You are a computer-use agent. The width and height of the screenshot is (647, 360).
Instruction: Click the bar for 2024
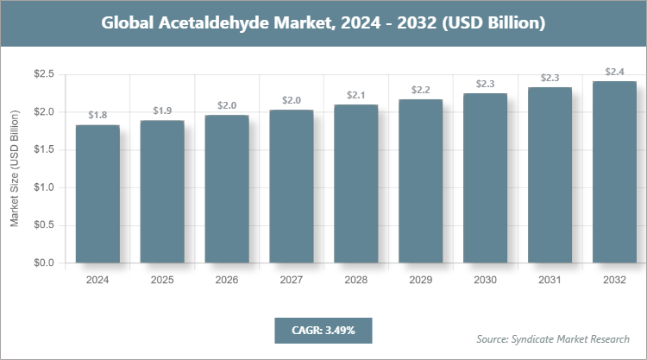pos(97,194)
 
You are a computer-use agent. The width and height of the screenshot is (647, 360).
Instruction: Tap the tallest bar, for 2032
pos(614,172)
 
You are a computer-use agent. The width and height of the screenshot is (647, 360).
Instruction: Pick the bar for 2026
pos(227,189)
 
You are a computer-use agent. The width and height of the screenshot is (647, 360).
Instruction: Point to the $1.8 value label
pos(97,115)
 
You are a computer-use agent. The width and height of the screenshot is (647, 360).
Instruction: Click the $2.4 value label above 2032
pos(614,71)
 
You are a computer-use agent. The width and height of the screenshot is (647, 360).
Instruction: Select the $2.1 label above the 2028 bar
pos(356,94)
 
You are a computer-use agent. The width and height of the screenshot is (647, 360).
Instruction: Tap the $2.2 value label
pos(421,89)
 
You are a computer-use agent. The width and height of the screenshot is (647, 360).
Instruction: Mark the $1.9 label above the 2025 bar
pos(162,110)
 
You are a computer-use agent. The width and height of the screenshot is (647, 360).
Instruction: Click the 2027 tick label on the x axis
pos(292,281)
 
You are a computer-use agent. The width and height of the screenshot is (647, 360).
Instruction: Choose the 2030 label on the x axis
pos(486,281)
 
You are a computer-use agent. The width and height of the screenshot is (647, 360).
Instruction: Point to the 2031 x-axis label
pos(550,281)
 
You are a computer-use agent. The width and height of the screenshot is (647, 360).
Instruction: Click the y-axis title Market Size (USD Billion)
pos(15,169)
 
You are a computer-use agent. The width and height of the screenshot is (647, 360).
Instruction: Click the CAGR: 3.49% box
pos(323,330)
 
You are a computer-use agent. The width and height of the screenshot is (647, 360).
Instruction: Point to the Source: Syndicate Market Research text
pos(552,338)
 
